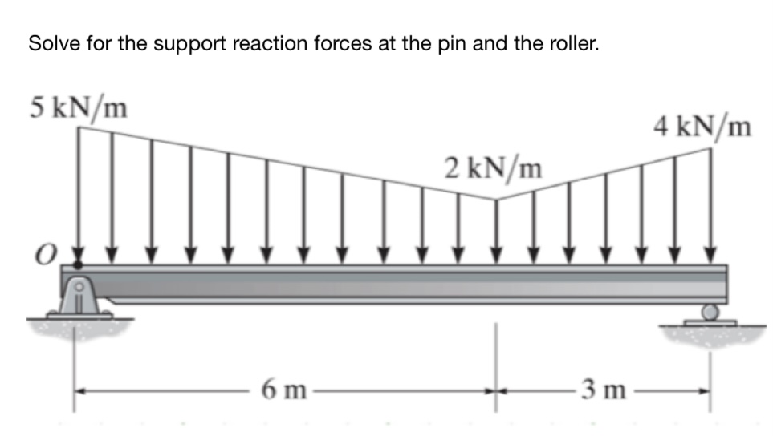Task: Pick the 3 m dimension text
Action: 602,391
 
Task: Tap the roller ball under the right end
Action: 709,312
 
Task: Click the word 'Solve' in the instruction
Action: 49,44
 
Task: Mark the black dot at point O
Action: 78,264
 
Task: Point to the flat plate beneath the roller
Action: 708,323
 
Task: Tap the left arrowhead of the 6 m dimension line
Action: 82,391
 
